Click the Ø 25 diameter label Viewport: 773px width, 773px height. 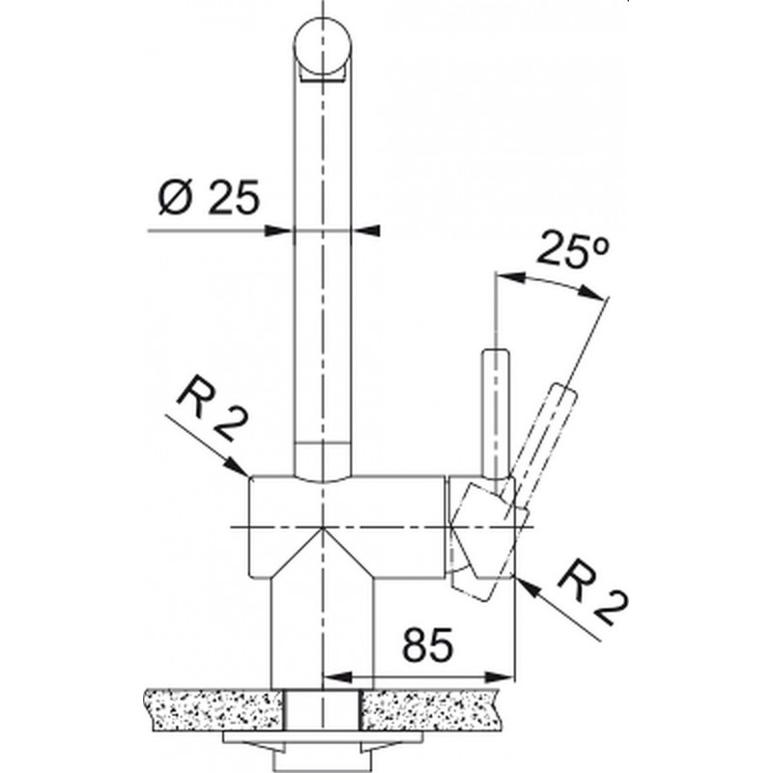click(209, 197)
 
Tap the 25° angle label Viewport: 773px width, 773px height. click(573, 249)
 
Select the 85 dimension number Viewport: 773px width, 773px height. click(427, 644)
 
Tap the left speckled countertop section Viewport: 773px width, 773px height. click(212, 710)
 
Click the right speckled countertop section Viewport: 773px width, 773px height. click(434, 710)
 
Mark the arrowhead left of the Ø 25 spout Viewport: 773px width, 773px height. click(277, 230)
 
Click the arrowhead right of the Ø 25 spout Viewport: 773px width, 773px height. click(366, 230)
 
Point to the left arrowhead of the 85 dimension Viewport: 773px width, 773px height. click(335, 676)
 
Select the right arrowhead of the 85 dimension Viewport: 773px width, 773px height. click(500, 676)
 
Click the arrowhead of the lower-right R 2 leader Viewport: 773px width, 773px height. click(528, 587)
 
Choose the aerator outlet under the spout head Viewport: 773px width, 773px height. click(323, 75)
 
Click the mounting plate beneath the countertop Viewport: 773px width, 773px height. click(323, 738)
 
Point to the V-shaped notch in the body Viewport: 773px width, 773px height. click(322, 551)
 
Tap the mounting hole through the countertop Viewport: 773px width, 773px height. click(323, 710)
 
